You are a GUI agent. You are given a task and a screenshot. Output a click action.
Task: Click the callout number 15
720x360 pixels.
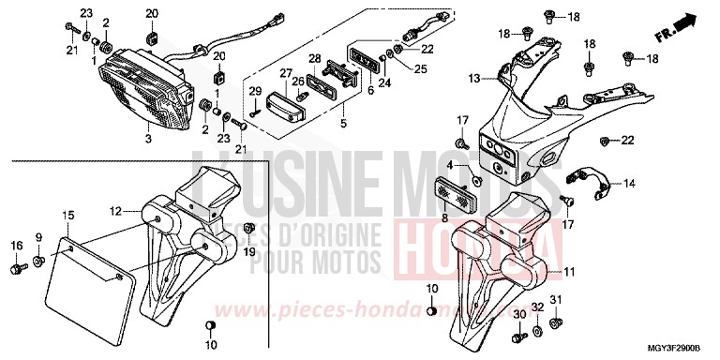tap(67, 217)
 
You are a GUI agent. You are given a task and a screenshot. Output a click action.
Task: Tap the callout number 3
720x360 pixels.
tap(147, 140)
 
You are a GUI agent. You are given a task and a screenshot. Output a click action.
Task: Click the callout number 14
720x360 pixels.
tap(629, 183)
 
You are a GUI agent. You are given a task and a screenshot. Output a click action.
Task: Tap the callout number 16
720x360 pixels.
tap(16, 246)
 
